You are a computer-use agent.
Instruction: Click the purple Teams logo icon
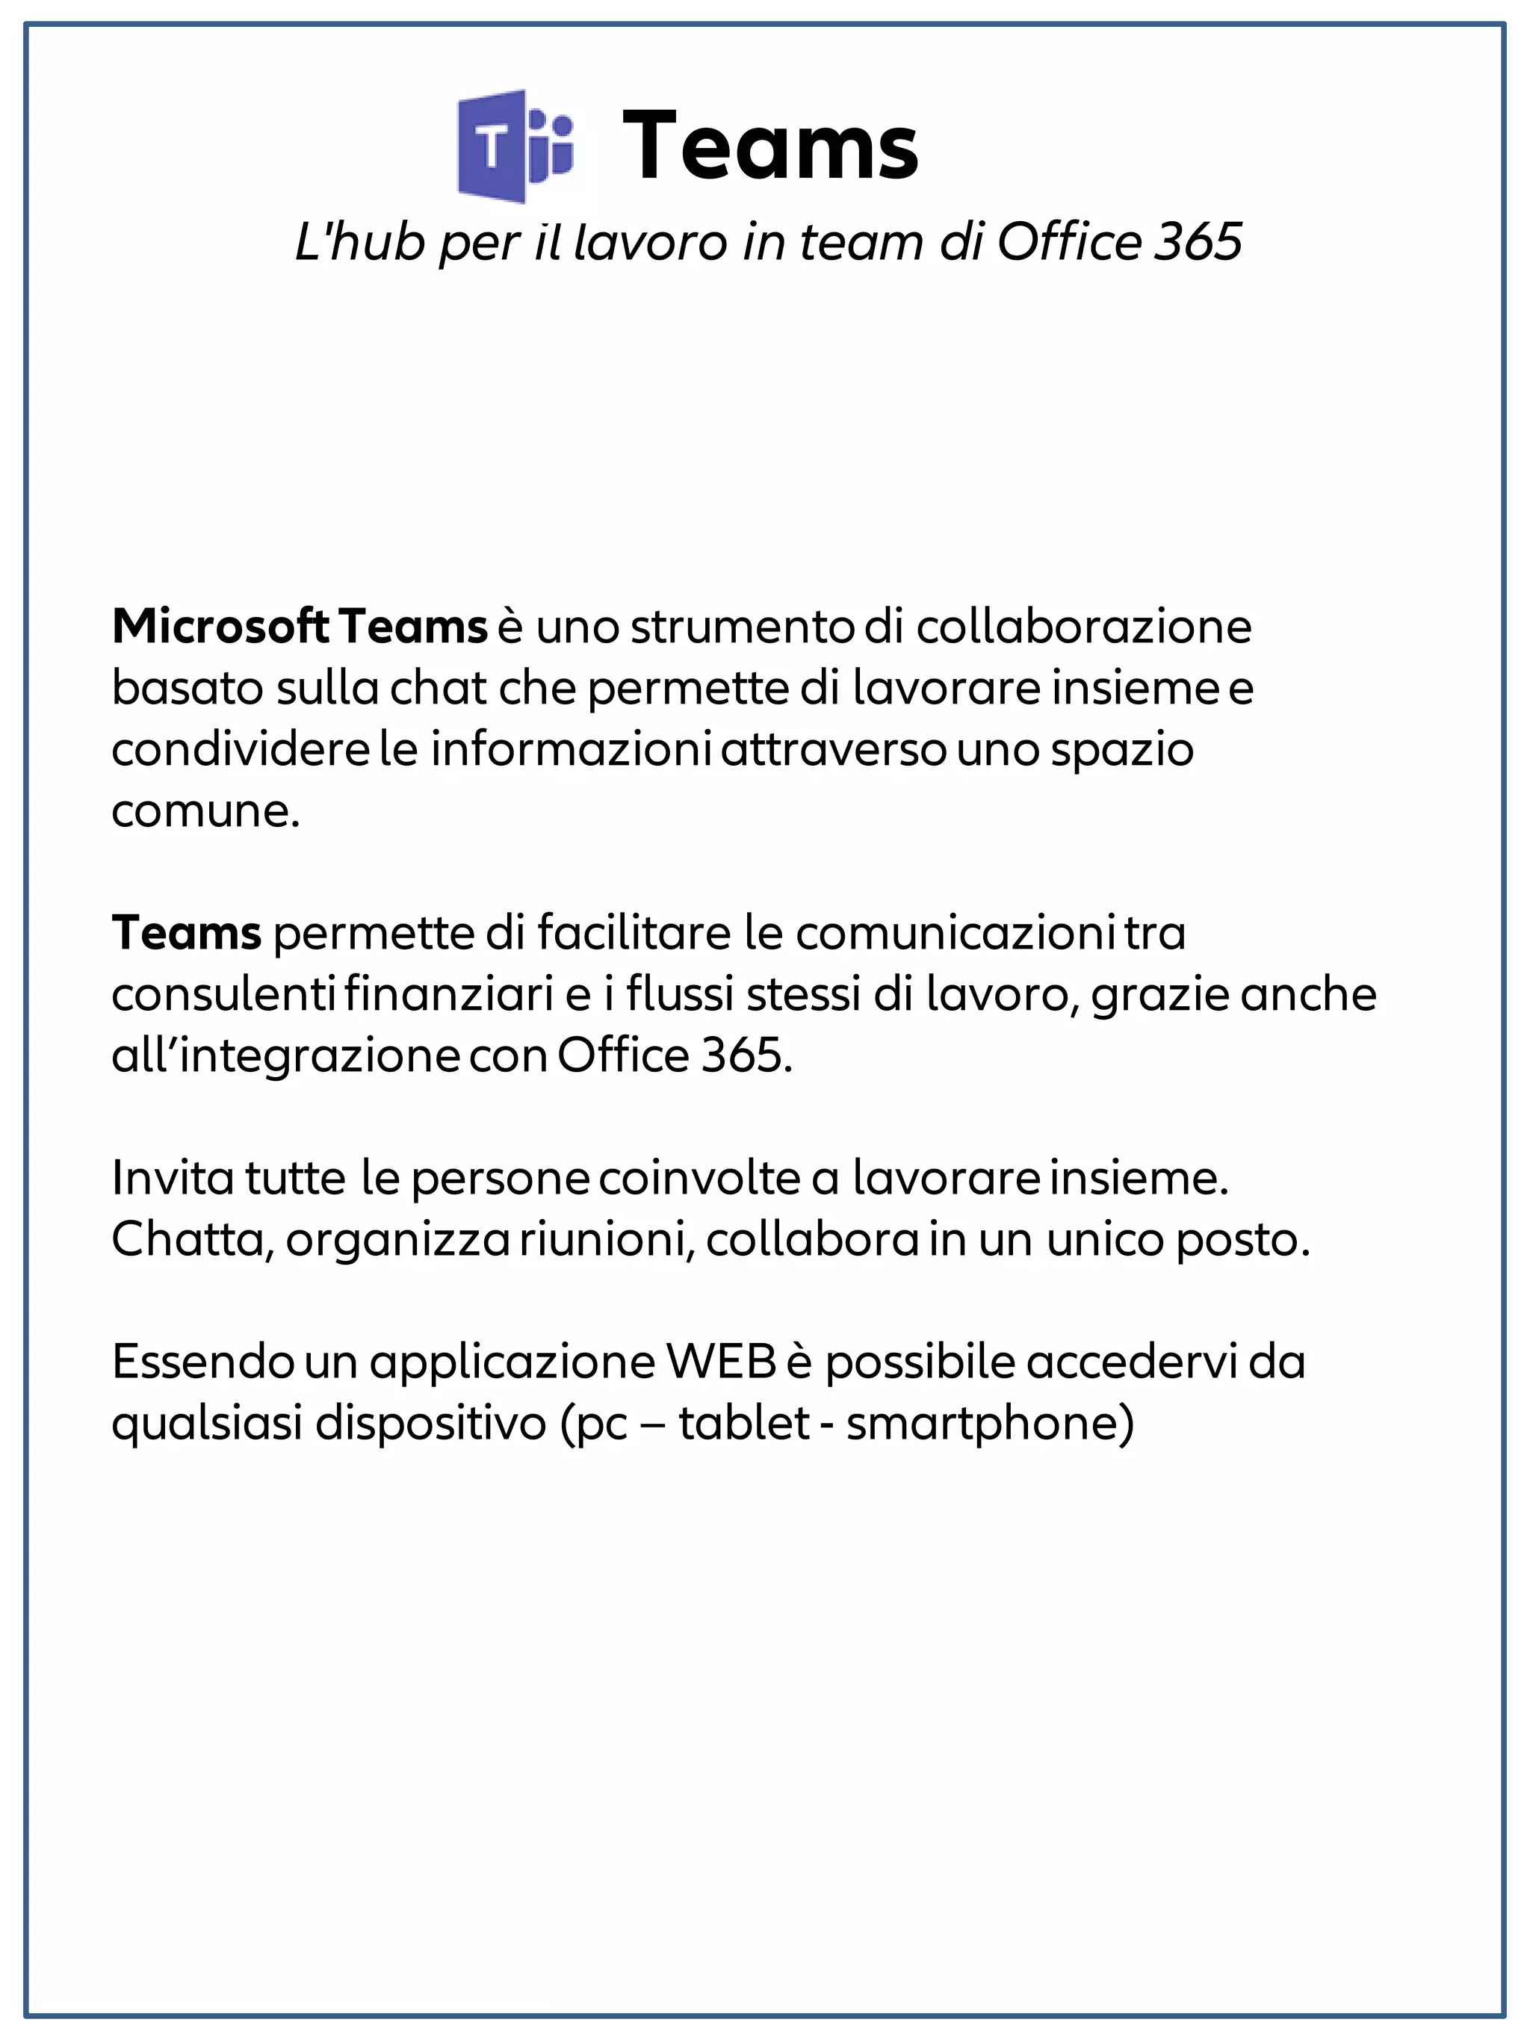[515, 146]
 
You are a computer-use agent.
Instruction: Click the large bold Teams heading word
[770, 146]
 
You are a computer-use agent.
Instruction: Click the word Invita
[173, 1178]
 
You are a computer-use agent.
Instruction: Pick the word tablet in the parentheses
[744, 1423]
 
